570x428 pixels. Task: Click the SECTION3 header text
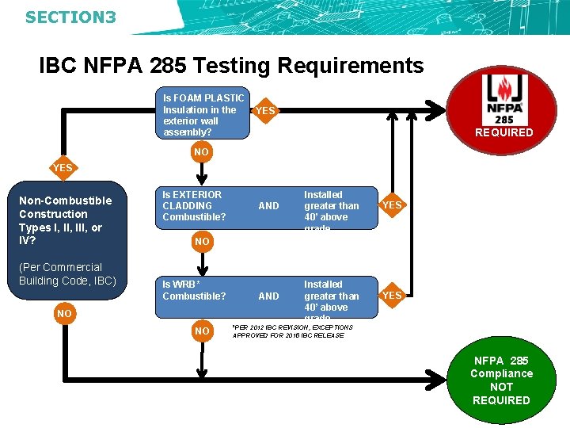click(x=70, y=16)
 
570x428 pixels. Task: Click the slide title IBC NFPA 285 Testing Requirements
click(x=231, y=66)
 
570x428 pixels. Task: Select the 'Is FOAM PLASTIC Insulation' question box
click(x=203, y=115)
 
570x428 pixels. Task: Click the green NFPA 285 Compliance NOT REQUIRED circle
click(x=501, y=380)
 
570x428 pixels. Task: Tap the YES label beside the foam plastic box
click(x=266, y=111)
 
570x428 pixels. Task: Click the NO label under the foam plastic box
click(x=202, y=151)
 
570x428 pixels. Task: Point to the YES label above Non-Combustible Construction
click(x=63, y=168)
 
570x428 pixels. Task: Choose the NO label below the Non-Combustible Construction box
click(x=64, y=314)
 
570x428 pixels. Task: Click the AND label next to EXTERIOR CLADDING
click(x=269, y=206)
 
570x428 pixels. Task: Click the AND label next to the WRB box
click(x=269, y=296)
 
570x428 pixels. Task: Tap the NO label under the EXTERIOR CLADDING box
click(x=202, y=241)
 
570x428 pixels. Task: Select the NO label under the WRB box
click(x=202, y=331)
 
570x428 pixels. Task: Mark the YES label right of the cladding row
click(x=392, y=205)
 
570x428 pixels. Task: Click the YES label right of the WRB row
click(x=392, y=296)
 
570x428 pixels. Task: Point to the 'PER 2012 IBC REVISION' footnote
click(x=292, y=331)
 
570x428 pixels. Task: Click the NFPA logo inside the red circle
click(x=503, y=99)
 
